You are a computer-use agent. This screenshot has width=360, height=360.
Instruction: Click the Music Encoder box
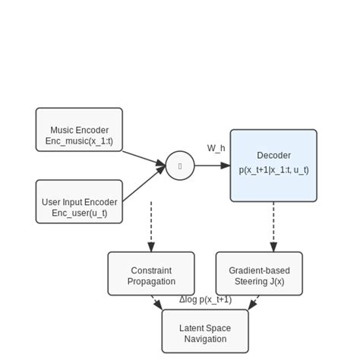tap(79, 129)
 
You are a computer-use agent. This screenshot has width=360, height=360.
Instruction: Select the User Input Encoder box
tap(79, 201)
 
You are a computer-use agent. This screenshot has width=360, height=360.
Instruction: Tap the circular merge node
tap(180, 166)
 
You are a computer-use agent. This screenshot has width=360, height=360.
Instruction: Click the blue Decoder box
tap(273, 166)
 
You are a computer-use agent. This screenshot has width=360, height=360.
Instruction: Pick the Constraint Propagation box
tap(151, 273)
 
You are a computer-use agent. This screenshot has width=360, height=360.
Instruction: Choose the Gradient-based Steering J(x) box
tap(259, 273)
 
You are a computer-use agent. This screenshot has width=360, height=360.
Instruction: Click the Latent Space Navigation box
tap(205, 331)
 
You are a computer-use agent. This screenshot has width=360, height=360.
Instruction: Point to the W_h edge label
tap(216, 148)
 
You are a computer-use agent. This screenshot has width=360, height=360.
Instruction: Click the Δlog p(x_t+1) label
tap(205, 299)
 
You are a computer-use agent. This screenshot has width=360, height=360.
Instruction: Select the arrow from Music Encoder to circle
tap(144, 158)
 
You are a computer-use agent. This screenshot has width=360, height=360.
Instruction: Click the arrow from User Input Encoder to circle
tap(144, 184)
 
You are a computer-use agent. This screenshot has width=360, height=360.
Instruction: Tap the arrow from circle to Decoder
tap(213, 166)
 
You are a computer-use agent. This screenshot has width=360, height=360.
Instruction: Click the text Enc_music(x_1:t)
tap(79, 141)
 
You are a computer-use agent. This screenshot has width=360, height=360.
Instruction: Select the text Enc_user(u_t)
tap(79, 213)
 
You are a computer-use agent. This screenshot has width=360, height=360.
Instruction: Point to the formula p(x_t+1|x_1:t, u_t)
tap(273, 170)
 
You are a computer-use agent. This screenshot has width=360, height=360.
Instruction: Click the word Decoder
tap(273, 156)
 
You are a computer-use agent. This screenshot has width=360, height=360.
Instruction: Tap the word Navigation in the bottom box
tap(205, 339)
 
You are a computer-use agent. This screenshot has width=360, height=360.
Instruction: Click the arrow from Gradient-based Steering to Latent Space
tap(253, 302)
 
